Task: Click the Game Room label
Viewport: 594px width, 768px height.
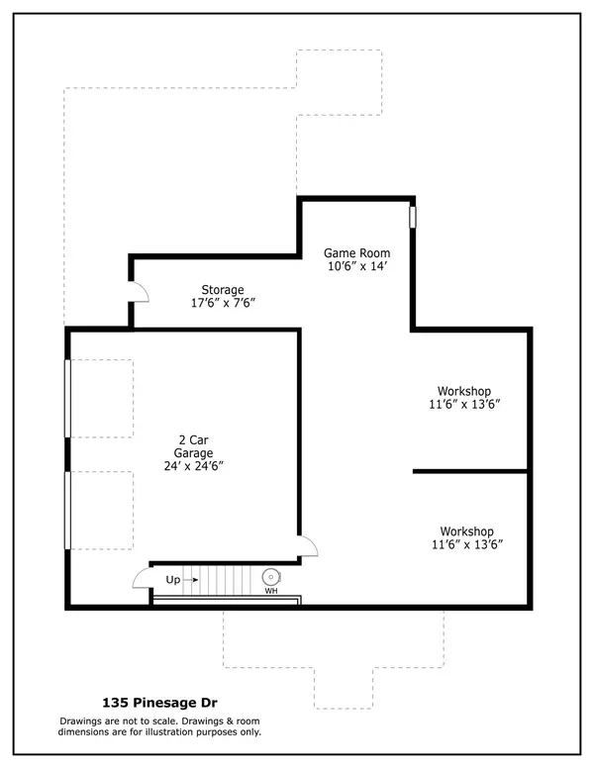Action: coord(356,253)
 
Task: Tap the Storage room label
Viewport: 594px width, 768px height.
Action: coord(223,289)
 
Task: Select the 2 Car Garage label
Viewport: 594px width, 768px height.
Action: coord(193,446)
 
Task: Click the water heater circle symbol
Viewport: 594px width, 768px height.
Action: coord(270,577)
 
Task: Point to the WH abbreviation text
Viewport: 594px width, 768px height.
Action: coord(271,591)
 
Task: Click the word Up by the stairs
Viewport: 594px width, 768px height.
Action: coord(173,580)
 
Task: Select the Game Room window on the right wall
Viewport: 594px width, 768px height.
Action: coord(413,217)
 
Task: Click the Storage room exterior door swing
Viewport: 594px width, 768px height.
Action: coord(139,291)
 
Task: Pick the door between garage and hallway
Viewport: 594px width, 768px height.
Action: coord(307,545)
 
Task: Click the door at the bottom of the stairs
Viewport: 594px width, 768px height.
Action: coord(142,578)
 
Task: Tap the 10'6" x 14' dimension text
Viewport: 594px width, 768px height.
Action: coord(357,266)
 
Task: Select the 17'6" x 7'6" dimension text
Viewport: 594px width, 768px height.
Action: coord(223,303)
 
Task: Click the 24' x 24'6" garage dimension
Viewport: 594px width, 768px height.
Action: coord(193,466)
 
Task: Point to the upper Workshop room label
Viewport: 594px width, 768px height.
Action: coord(464,391)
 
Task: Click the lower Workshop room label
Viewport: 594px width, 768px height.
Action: coord(466,531)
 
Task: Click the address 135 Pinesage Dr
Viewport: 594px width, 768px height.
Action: coord(159,703)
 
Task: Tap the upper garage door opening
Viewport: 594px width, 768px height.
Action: coord(67,399)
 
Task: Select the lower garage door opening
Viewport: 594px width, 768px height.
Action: coord(67,511)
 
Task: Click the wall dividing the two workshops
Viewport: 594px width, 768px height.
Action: coord(470,472)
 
